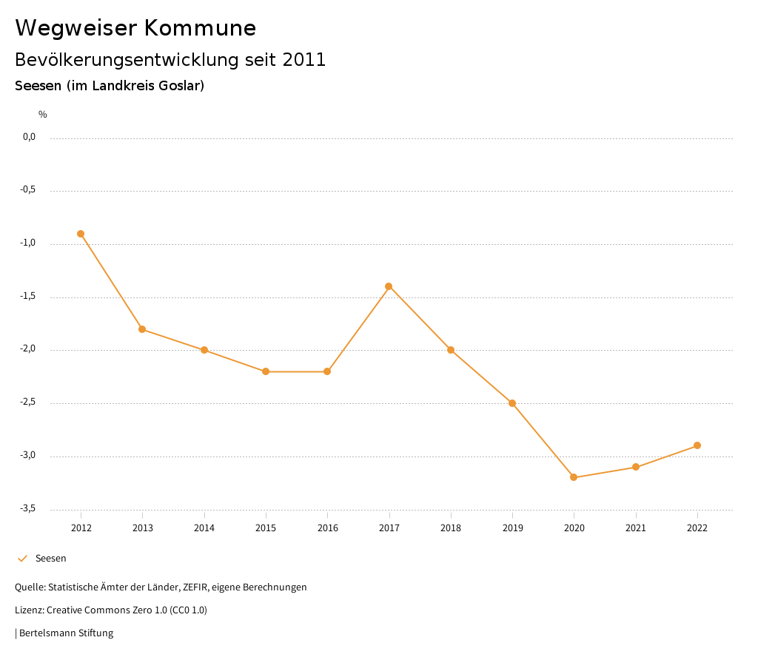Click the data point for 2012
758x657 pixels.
point(81,234)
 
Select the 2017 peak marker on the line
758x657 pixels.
point(389,286)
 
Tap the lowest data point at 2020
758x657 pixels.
point(574,477)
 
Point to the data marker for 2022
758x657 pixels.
point(697,445)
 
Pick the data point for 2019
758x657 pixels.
point(512,403)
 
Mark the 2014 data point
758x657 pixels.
point(204,350)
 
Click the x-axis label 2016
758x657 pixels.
point(327,528)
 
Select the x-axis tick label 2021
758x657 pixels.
point(636,528)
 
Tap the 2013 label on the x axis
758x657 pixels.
point(143,528)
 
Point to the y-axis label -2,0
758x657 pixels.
point(27,349)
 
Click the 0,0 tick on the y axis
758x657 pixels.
point(29,137)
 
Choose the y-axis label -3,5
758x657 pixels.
point(27,508)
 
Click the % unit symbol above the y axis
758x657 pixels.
point(43,114)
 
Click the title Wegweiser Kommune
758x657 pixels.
point(135,27)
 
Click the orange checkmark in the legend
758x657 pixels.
point(22,559)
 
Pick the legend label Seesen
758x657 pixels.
point(51,559)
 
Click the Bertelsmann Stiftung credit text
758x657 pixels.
point(66,633)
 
